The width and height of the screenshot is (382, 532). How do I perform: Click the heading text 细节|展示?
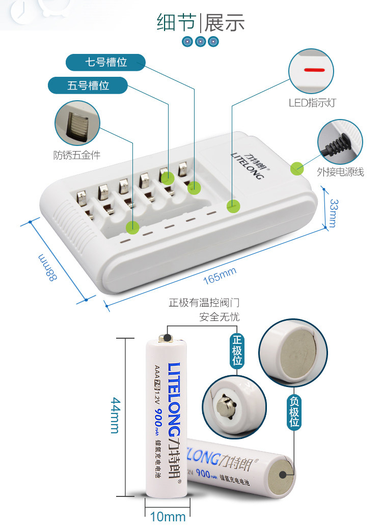201,23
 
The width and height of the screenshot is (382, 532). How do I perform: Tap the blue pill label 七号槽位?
105,63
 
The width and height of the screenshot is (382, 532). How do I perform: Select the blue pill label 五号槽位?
88,85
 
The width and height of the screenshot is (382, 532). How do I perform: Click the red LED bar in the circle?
314,70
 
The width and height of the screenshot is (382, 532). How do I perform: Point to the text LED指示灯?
312,103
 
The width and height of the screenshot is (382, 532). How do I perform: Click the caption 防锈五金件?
77,155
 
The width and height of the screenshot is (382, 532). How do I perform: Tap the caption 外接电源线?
340,172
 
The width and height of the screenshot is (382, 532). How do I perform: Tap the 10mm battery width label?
168,517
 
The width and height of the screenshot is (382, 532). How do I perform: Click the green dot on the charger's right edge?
296,168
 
